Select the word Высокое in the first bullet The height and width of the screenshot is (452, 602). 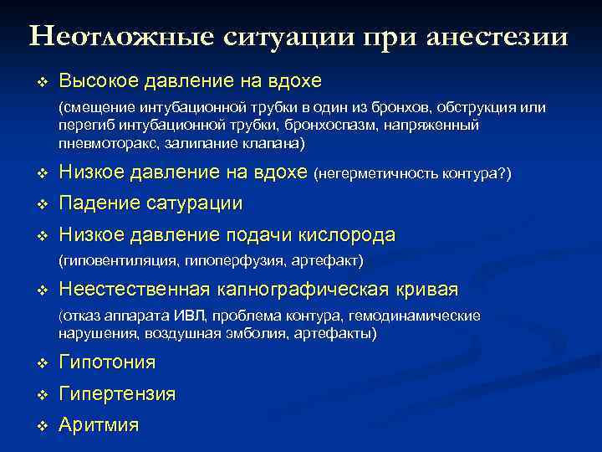98,81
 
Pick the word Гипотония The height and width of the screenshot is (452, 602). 107,362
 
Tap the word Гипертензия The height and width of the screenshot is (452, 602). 117,393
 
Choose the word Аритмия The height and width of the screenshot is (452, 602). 99,424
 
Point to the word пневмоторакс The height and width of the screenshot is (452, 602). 99,143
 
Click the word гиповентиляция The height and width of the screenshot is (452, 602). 113,261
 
